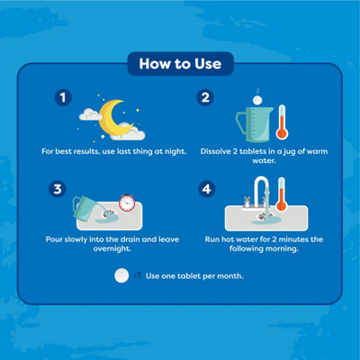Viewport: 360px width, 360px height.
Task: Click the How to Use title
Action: (x=180, y=64)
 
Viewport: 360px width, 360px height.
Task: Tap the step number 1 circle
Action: (x=63, y=97)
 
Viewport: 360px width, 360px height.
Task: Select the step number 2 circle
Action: (x=205, y=97)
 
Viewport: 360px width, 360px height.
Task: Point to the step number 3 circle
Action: (x=58, y=189)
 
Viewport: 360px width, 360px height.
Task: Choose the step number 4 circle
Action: (x=207, y=189)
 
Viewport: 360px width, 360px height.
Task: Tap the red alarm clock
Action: (x=127, y=202)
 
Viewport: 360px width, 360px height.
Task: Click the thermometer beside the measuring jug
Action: (x=282, y=122)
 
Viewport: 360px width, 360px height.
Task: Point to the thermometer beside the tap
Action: (x=281, y=194)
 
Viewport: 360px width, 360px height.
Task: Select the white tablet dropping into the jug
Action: (x=257, y=100)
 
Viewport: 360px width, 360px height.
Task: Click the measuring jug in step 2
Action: (x=255, y=124)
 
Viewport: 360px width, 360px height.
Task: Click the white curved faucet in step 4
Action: (x=261, y=192)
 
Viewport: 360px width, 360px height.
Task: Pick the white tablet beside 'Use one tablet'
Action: (x=121, y=275)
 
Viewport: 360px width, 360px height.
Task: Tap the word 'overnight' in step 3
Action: (x=112, y=248)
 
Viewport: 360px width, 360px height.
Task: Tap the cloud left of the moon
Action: (x=89, y=114)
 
